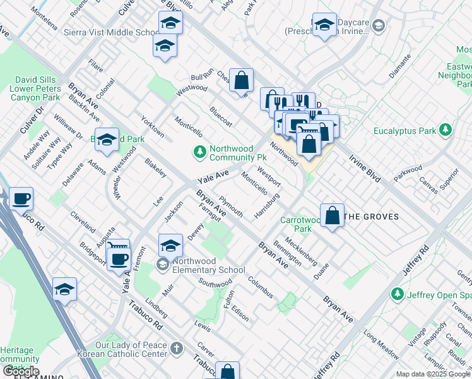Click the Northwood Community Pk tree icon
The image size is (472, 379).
coord(200,151)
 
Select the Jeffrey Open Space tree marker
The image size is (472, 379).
coord(398,293)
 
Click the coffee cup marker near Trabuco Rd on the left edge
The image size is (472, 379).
coord(21,199)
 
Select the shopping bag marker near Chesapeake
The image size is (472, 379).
coord(241,81)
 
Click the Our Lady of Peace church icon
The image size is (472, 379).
coord(177,347)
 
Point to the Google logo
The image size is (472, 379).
coord(21,371)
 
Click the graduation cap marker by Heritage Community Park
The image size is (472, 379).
coord(64,289)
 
